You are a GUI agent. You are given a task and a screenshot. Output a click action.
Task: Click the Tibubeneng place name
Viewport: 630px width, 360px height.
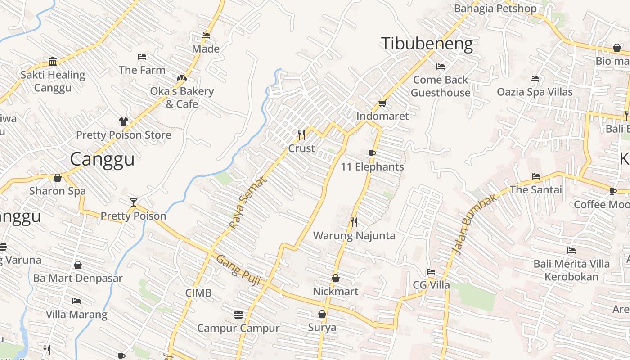click(x=427, y=44)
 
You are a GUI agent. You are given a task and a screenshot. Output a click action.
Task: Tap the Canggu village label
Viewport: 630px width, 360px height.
click(x=103, y=159)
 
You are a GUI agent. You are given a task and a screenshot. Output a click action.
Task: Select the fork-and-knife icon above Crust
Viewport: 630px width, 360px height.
click(x=301, y=135)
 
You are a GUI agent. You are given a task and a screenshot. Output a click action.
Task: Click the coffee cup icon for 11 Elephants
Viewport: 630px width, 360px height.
click(x=372, y=153)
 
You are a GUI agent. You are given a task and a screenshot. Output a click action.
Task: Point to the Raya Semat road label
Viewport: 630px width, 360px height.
click(x=247, y=203)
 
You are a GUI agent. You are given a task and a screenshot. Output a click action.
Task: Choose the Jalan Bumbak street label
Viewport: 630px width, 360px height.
click(x=474, y=224)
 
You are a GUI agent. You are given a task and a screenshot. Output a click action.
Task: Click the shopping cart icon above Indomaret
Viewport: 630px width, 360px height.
click(x=382, y=103)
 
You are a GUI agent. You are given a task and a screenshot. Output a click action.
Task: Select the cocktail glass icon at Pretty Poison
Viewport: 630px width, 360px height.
click(x=133, y=202)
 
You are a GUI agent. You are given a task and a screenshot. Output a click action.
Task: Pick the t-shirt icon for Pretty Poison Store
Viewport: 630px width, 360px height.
click(x=124, y=121)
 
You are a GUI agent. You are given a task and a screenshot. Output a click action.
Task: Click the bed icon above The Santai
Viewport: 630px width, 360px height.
click(x=535, y=176)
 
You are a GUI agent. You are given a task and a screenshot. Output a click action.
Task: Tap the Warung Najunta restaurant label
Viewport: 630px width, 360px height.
click(x=354, y=236)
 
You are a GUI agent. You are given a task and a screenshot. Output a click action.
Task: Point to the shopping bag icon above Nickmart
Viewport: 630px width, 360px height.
click(x=336, y=278)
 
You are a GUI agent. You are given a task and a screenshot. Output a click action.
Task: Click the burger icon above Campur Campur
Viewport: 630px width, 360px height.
click(x=238, y=315)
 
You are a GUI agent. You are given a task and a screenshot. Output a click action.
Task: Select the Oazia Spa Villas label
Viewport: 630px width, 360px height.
click(x=535, y=92)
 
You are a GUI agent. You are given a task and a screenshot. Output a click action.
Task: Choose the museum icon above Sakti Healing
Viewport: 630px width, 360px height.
click(x=53, y=61)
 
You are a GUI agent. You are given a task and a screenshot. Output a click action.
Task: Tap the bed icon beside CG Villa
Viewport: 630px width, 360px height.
click(x=431, y=272)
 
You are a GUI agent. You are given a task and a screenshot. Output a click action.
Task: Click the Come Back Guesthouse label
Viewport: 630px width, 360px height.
click(x=441, y=86)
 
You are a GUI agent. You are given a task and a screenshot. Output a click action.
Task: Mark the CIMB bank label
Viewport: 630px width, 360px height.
click(x=198, y=293)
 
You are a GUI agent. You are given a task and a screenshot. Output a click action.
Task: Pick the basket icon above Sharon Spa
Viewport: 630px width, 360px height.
click(x=58, y=178)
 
